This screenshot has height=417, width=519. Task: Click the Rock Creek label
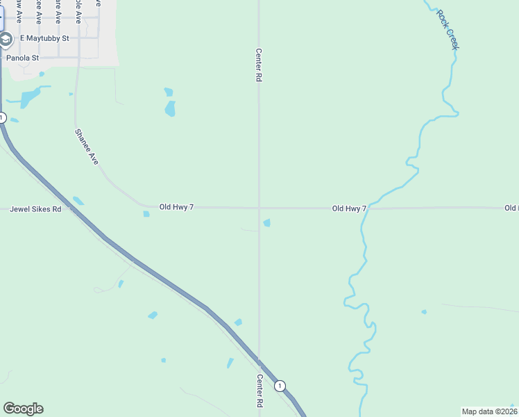(x=448, y=29)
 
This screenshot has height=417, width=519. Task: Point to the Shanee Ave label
(x=87, y=146)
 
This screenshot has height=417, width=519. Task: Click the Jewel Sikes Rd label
(x=35, y=208)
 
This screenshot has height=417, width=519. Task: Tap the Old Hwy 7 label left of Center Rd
(x=176, y=207)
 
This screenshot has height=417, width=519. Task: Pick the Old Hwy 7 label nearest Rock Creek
(x=349, y=208)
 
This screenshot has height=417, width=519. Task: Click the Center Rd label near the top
(x=259, y=65)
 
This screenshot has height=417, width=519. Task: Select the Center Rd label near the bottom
(x=259, y=391)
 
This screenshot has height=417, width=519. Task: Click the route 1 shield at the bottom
(x=279, y=386)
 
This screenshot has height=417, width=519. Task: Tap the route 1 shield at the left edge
(x=2, y=118)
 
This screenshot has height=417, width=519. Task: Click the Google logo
(x=23, y=409)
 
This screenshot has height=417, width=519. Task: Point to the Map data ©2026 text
(x=489, y=411)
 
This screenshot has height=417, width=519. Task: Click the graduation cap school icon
(x=6, y=39)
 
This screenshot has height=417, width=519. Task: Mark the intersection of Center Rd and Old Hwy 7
(x=259, y=207)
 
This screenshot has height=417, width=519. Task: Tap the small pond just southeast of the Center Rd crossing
(x=267, y=222)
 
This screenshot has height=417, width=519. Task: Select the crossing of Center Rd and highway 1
(x=259, y=361)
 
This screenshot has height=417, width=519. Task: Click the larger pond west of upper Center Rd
(x=170, y=108)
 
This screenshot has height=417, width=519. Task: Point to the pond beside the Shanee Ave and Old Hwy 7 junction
(x=146, y=214)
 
